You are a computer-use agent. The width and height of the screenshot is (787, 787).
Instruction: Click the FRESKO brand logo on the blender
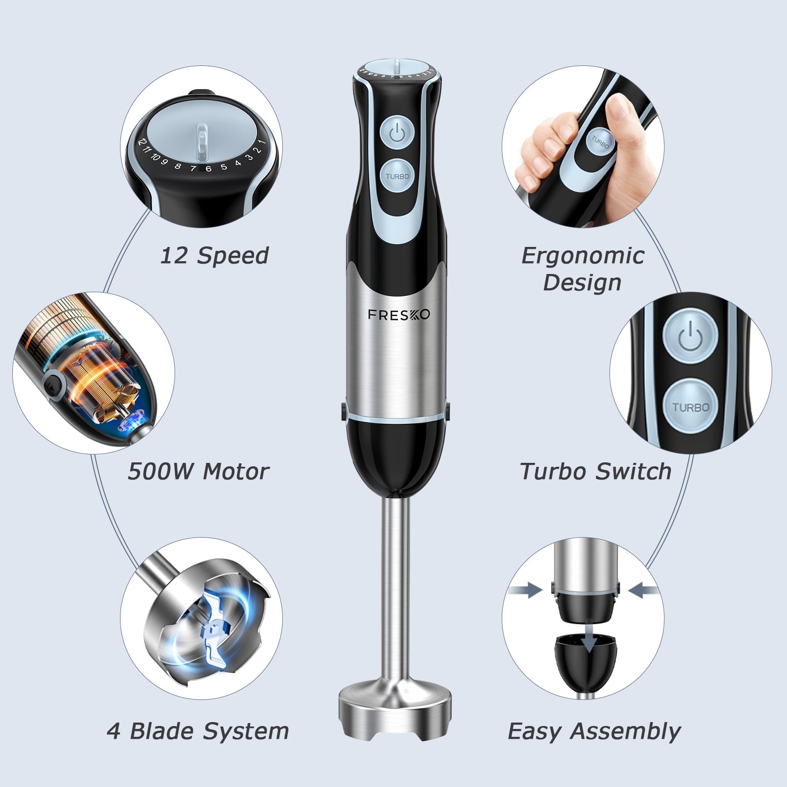point(399,314)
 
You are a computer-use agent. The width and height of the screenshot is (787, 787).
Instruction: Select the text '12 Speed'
point(214,255)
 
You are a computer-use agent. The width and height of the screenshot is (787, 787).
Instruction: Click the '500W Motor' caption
point(198,471)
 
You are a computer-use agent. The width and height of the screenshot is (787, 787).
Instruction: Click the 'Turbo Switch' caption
point(595,471)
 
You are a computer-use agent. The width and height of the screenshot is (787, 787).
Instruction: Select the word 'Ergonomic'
point(582,255)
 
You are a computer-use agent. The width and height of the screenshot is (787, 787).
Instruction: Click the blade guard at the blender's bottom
point(395,708)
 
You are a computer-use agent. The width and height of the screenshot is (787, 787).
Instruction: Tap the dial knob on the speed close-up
point(202,143)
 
